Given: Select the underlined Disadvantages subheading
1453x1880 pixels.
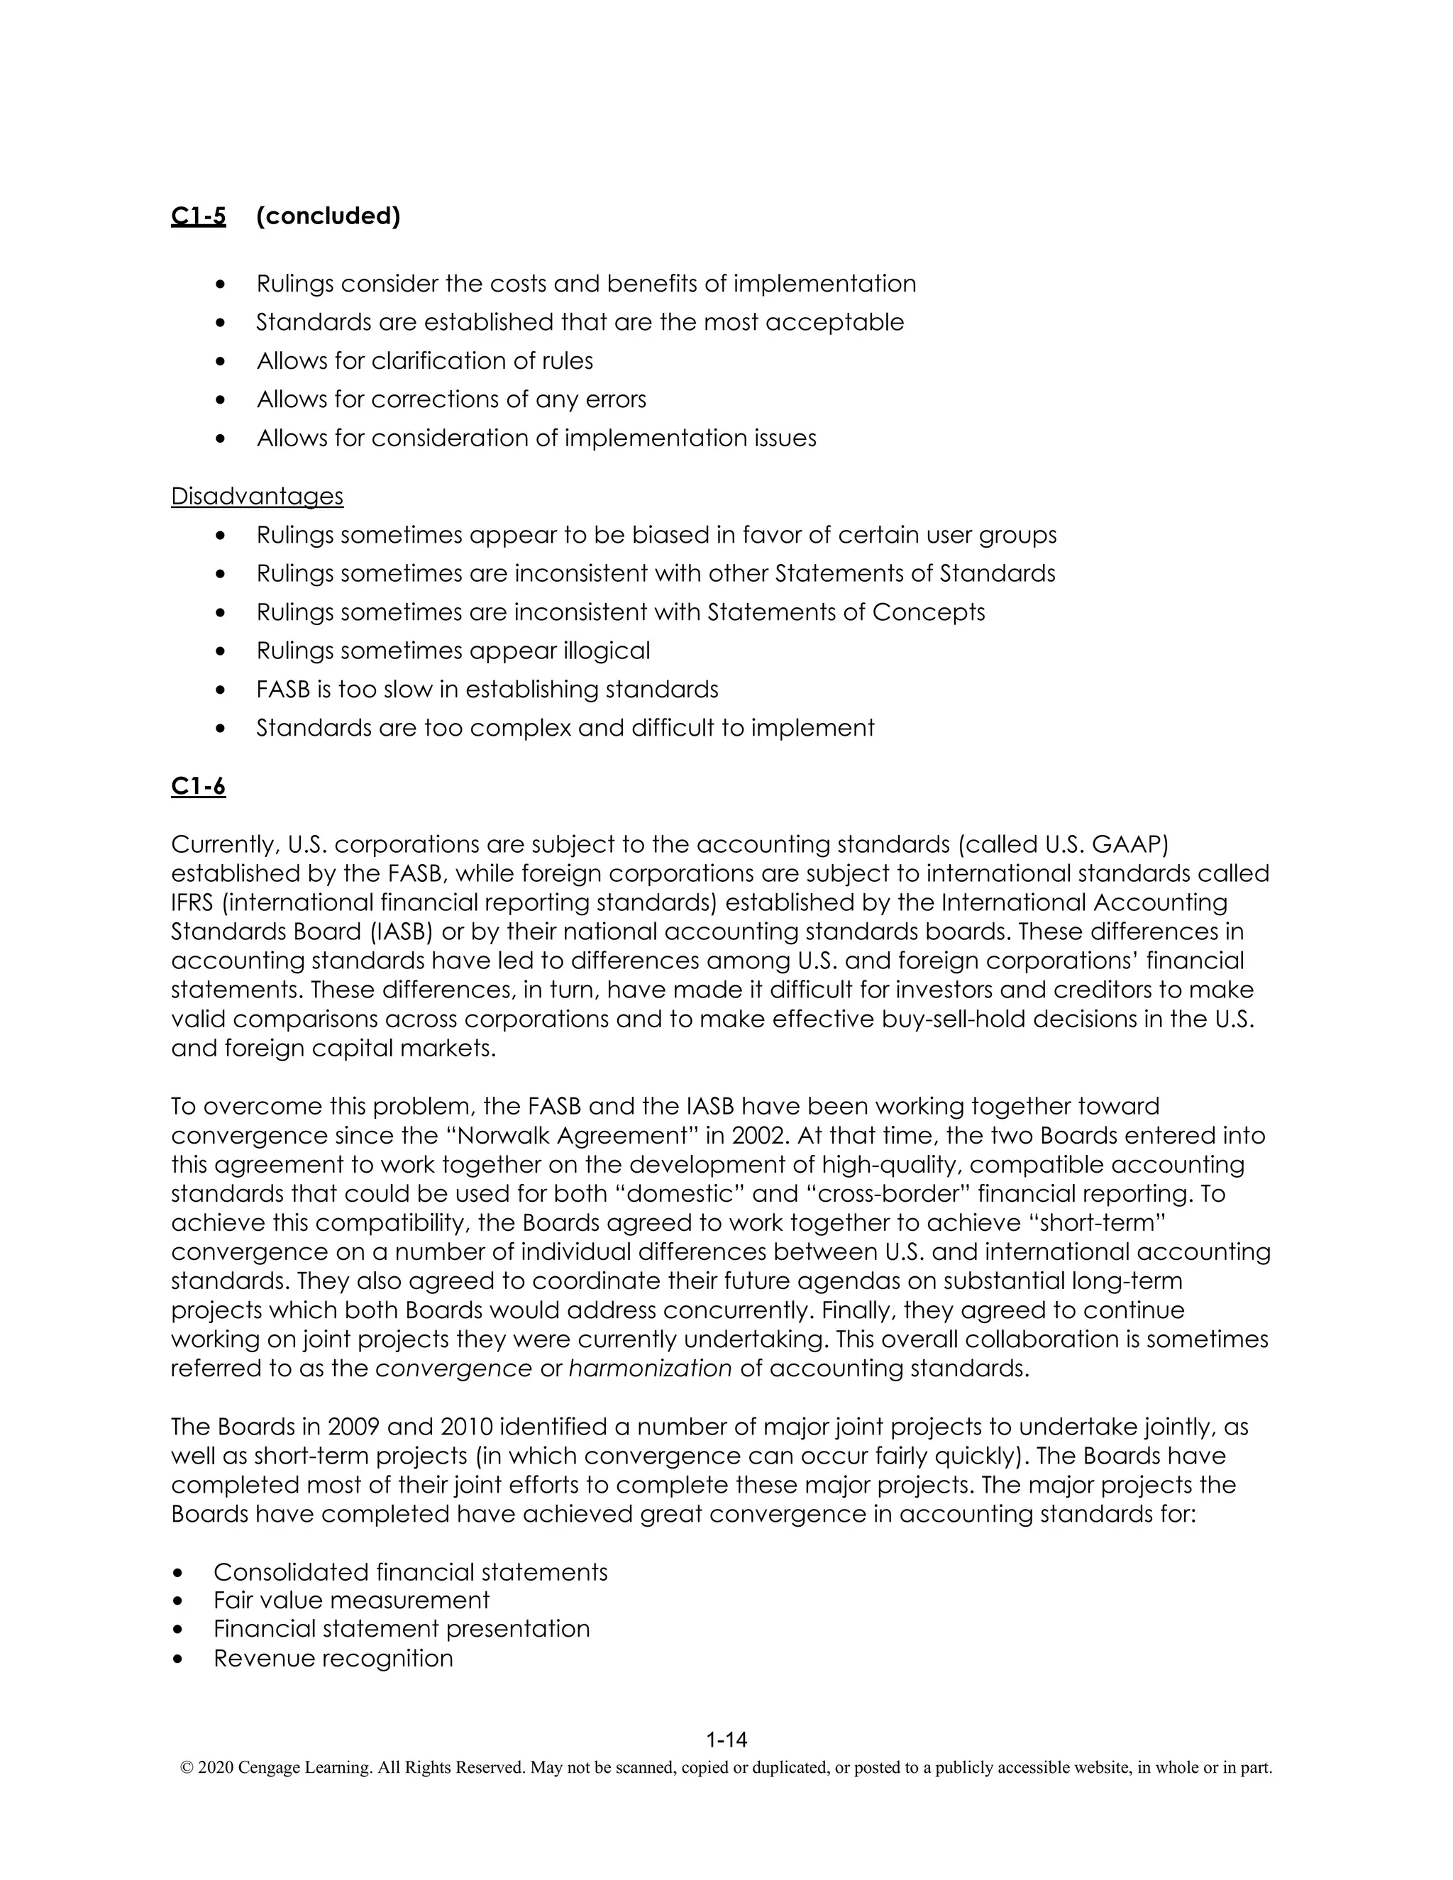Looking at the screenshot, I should (257, 496).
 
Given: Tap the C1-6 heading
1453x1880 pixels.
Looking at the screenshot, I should (198, 786).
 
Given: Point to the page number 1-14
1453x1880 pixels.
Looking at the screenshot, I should (726, 1740).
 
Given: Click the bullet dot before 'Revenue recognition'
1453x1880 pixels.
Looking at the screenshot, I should (178, 1659).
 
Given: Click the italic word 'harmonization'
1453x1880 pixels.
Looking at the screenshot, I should (650, 1368).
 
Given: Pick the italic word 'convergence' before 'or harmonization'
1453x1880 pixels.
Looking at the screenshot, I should (453, 1368).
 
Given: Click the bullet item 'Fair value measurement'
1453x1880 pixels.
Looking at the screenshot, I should (351, 1600).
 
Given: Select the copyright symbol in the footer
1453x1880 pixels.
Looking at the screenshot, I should (186, 1768).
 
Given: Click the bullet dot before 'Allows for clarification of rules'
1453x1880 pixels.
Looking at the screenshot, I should (221, 362).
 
